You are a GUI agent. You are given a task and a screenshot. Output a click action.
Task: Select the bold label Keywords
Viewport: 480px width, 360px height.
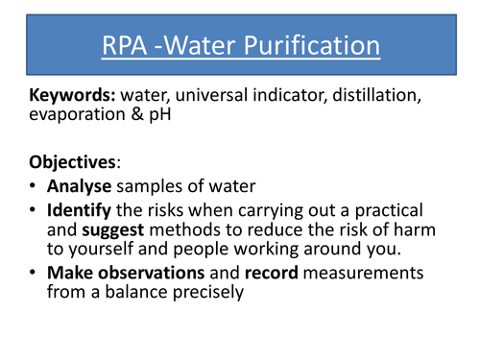coord(71,96)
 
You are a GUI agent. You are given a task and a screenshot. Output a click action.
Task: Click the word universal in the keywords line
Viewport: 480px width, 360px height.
coord(211,96)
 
